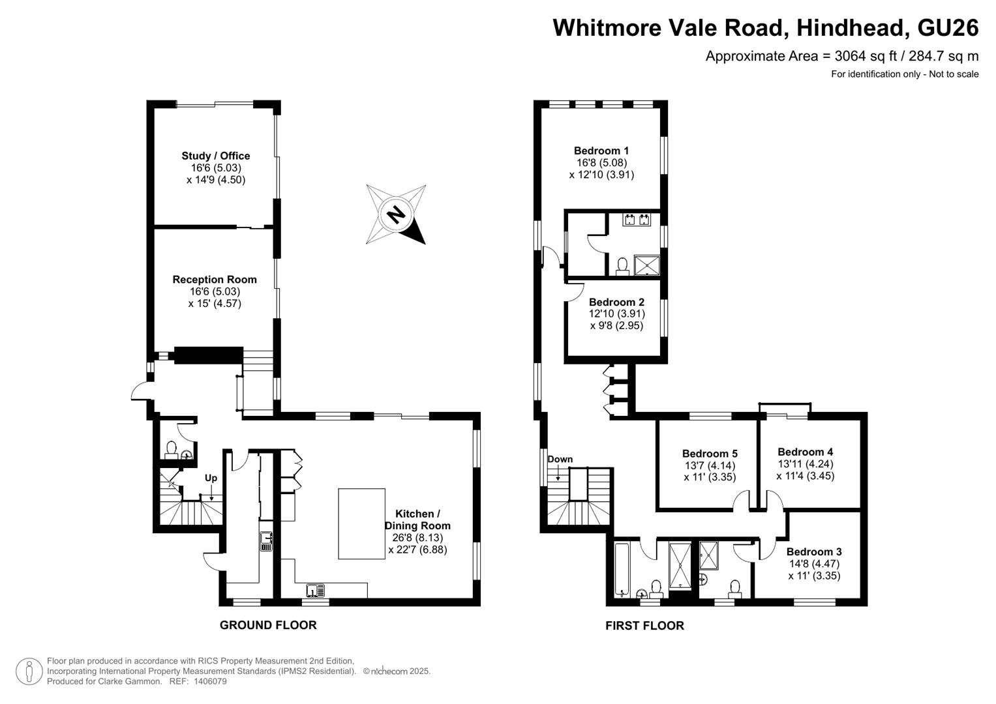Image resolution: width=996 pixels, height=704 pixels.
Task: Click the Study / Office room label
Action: tap(216, 156)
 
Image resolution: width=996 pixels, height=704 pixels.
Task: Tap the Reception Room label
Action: tap(215, 280)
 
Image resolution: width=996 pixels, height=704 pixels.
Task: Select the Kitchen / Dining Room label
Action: tap(417, 520)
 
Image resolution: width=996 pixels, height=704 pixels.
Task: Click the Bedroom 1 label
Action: tap(601, 151)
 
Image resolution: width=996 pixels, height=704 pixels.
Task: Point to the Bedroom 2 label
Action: tap(617, 302)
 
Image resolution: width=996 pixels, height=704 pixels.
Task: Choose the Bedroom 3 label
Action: tap(814, 551)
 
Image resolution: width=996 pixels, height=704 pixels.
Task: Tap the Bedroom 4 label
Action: tap(806, 452)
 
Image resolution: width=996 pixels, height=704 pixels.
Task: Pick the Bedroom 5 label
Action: tap(710, 453)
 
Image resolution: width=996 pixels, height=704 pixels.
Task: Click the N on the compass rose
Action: tap(395, 215)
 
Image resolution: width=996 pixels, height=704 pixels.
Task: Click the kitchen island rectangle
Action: tap(361, 523)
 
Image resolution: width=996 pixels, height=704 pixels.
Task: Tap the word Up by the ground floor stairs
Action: tap(211, 478)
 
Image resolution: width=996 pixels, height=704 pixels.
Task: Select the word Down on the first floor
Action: tap(560, 459)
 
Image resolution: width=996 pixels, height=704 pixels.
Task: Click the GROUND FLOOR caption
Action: tap(268, 625)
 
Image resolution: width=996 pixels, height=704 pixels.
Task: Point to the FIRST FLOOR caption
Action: tap(644, 626)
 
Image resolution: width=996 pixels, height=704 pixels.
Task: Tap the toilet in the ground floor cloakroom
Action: tap(171, 450)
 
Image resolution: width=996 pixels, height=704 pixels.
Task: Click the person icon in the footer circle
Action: tap(29, 671)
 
